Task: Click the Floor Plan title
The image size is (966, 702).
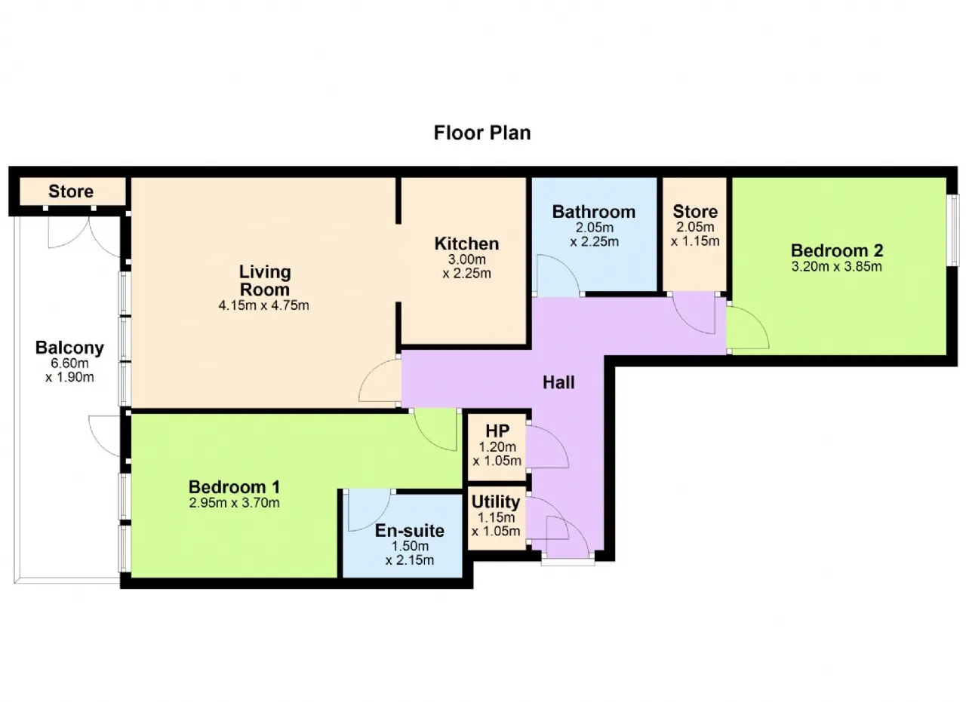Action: click(x=481, y=133)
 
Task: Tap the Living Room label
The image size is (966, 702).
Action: click(x=265, y=280)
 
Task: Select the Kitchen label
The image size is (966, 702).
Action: click(x=466, y=244)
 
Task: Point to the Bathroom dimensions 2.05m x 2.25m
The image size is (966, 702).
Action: click(x=594, y=235)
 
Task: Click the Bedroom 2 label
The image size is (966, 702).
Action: click(x=837, y=250)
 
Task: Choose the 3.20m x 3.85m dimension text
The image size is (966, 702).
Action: click(x=837, y=266)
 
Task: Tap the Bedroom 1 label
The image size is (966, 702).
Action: click(x=234, y=487)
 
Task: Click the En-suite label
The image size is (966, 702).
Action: click(x=410, y=531)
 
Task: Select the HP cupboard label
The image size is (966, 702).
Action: click(x=497, y=431)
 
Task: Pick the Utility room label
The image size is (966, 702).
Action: click(x=496, y=501)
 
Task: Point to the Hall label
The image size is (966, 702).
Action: click(x=558, y=382)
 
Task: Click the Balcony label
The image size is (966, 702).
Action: click(x=69, y=348)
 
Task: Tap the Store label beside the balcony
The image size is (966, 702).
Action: click(x=71, y=192)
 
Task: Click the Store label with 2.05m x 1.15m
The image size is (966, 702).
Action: click(x=695, y=211)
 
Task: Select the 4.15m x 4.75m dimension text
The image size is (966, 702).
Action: click(x=263, y=305)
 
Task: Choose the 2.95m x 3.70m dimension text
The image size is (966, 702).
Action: click(x=234, y=503)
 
